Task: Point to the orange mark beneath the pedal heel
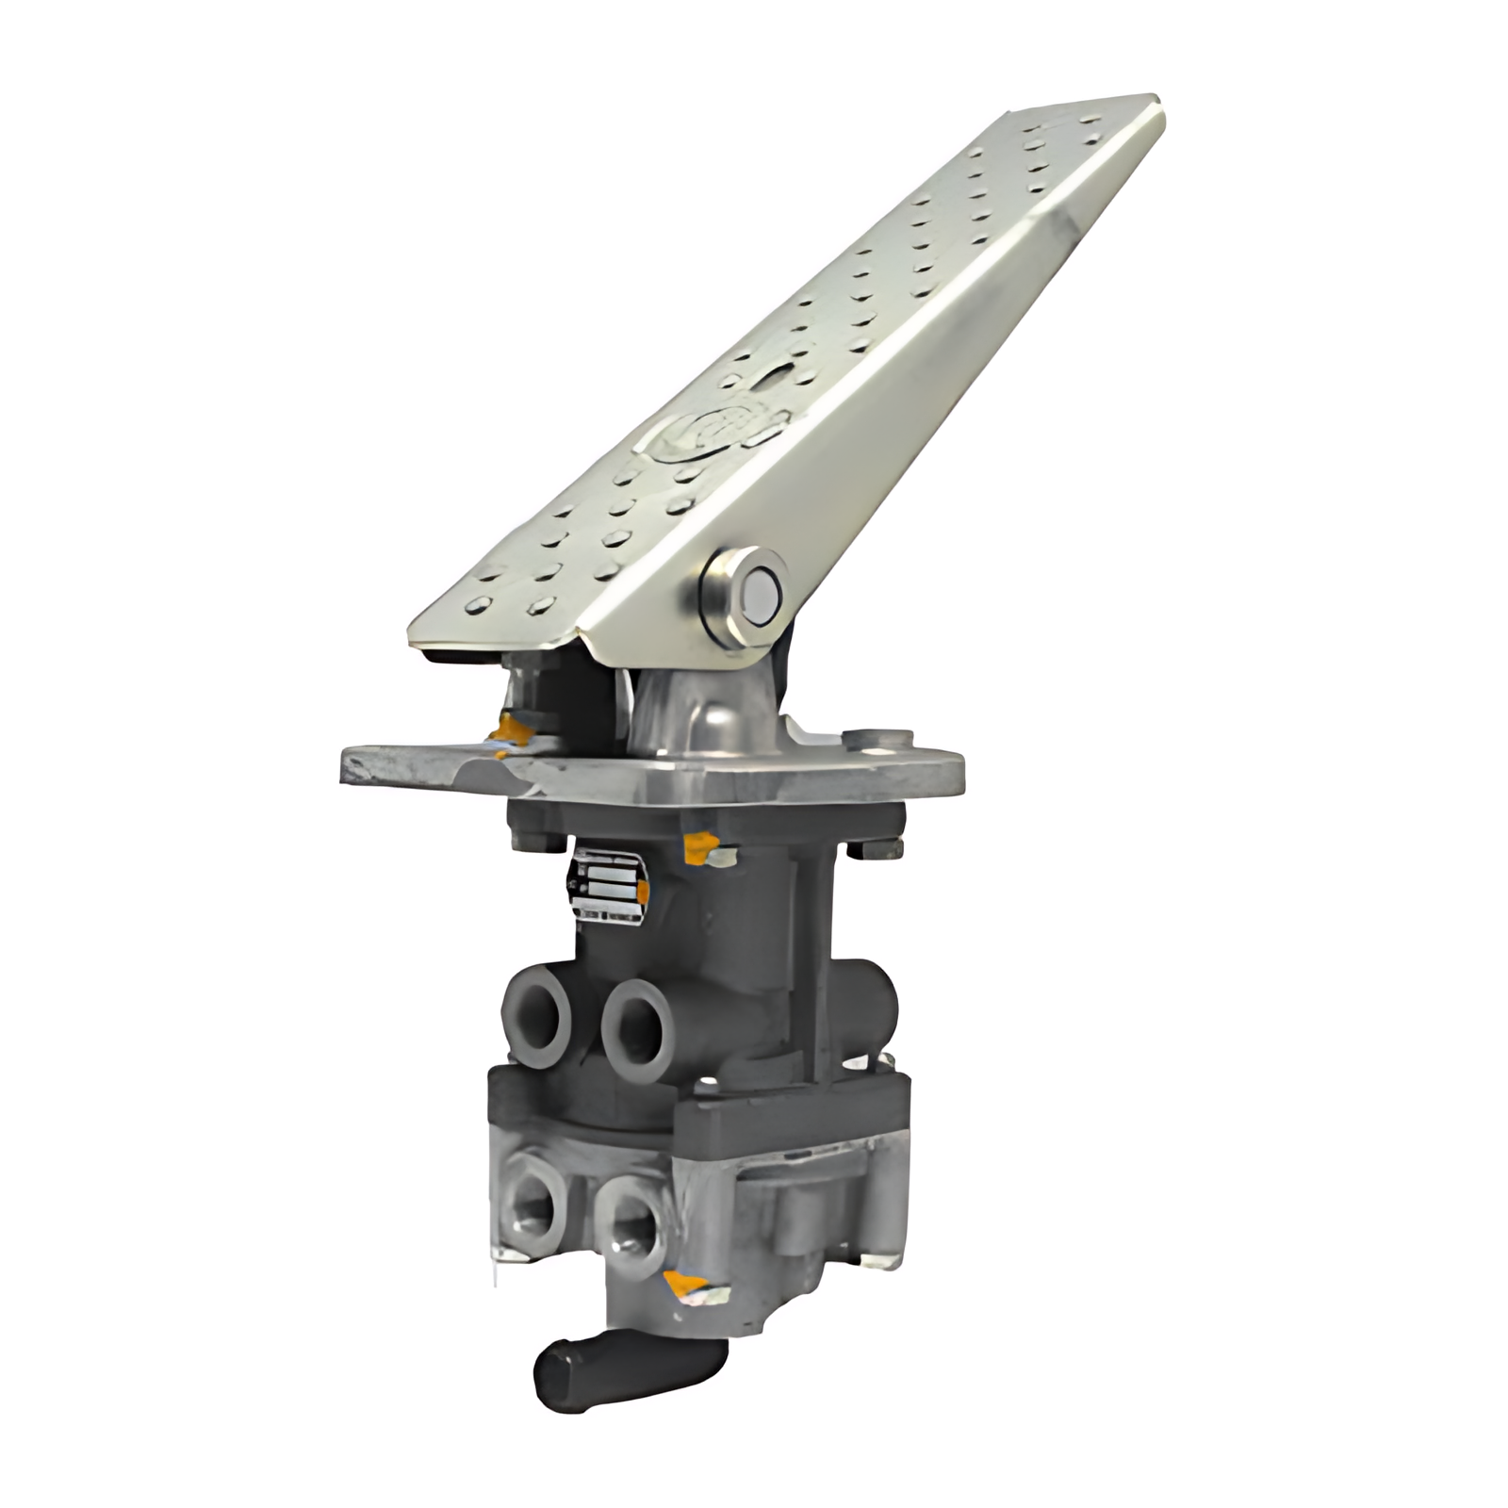click(x=509, y=729)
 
